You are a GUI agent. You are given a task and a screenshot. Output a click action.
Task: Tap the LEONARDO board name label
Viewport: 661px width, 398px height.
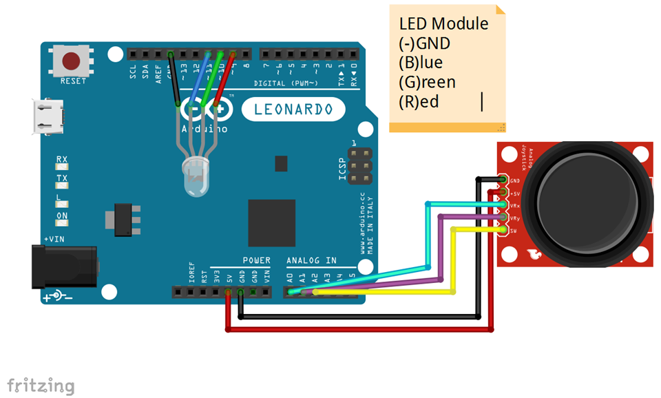[293, 109]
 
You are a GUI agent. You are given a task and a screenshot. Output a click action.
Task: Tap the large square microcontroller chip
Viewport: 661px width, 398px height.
[272, 222]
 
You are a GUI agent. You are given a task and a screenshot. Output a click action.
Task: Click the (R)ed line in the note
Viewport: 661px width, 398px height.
[419, 102]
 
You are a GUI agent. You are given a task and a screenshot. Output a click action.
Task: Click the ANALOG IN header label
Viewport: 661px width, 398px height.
[312, 260]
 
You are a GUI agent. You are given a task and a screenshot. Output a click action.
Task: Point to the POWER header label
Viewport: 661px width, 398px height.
[256, 260]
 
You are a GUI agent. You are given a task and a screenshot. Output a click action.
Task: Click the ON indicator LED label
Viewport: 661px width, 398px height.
[62, 216]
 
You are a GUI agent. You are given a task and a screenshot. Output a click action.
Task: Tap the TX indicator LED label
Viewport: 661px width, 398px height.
[62, 178]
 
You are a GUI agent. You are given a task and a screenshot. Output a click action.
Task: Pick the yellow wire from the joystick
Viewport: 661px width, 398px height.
[452, 262]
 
